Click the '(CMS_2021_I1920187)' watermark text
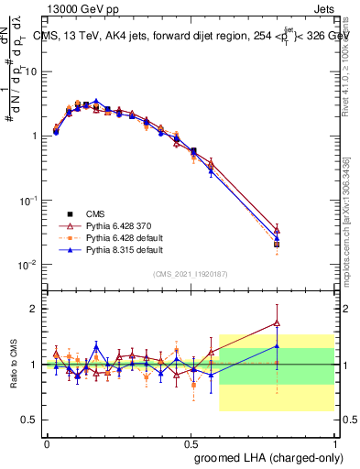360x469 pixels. tap(190, 274)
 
